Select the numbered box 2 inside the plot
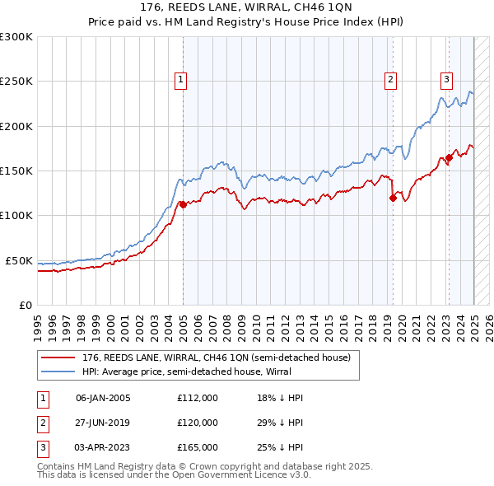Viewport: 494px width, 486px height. point(390,80)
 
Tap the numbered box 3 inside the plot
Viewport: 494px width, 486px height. point(446,80)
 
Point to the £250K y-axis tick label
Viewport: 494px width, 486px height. point(16,82)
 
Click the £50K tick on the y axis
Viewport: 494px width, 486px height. point(18,260)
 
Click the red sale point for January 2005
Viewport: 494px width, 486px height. point(183,205)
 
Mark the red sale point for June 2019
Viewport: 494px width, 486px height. point(393,198)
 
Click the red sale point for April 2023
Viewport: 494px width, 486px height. point(449,157)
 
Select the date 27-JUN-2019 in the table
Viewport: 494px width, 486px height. point(103,423)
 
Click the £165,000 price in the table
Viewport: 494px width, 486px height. point(198,447)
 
